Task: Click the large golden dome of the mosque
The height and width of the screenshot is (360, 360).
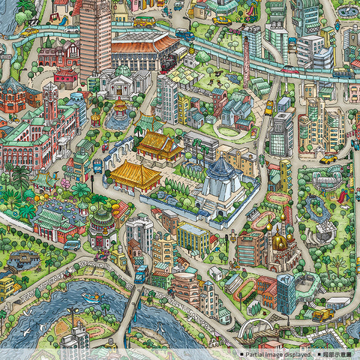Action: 280,241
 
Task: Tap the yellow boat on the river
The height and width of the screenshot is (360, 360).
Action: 91,298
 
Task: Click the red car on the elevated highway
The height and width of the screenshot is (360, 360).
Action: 290,69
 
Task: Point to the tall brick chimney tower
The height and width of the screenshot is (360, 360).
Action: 245,60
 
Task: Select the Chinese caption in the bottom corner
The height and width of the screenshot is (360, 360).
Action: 338,354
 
